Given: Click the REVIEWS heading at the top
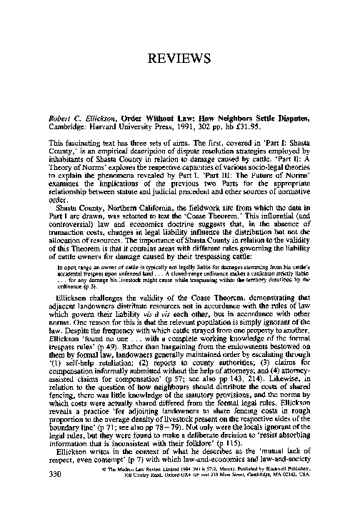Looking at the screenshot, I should pos(179,59).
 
